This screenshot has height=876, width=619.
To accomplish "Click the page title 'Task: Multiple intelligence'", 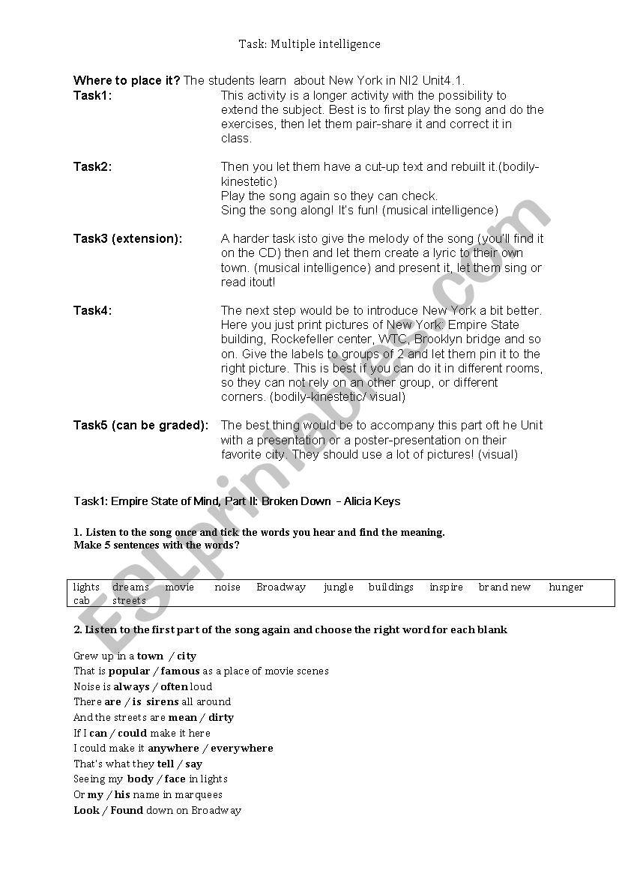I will [x=309, y=44].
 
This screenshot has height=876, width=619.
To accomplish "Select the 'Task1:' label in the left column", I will [x=92, y=95].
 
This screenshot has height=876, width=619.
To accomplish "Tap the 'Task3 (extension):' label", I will [x=127, y=238].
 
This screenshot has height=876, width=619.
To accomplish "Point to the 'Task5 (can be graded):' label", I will [x=141, y=425].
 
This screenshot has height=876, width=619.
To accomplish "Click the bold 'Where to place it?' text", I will [x=127, y=81].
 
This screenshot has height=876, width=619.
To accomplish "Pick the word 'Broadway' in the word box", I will [x=281, y=587].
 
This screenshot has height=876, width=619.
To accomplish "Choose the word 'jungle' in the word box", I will [x=339, y=587].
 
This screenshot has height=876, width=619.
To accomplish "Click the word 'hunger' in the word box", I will [x=566, y=587].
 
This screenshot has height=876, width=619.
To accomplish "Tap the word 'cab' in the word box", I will [x=81, y=600].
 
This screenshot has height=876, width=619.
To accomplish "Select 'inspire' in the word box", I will [x=446, y=587].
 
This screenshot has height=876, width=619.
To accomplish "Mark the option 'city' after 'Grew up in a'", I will [x=187, y=656].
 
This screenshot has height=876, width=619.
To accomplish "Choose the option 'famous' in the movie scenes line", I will [x=180, y=671].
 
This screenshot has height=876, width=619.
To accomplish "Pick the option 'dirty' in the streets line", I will [x=221, y=717].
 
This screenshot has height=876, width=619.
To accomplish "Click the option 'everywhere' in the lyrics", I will [x=241, y=748].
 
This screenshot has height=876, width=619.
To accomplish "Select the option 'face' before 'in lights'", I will [x=175, y=779].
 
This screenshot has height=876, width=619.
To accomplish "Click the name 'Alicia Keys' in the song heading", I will [x=372, y=501].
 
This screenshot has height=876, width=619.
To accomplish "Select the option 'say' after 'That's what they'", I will [x=193, y=764].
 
